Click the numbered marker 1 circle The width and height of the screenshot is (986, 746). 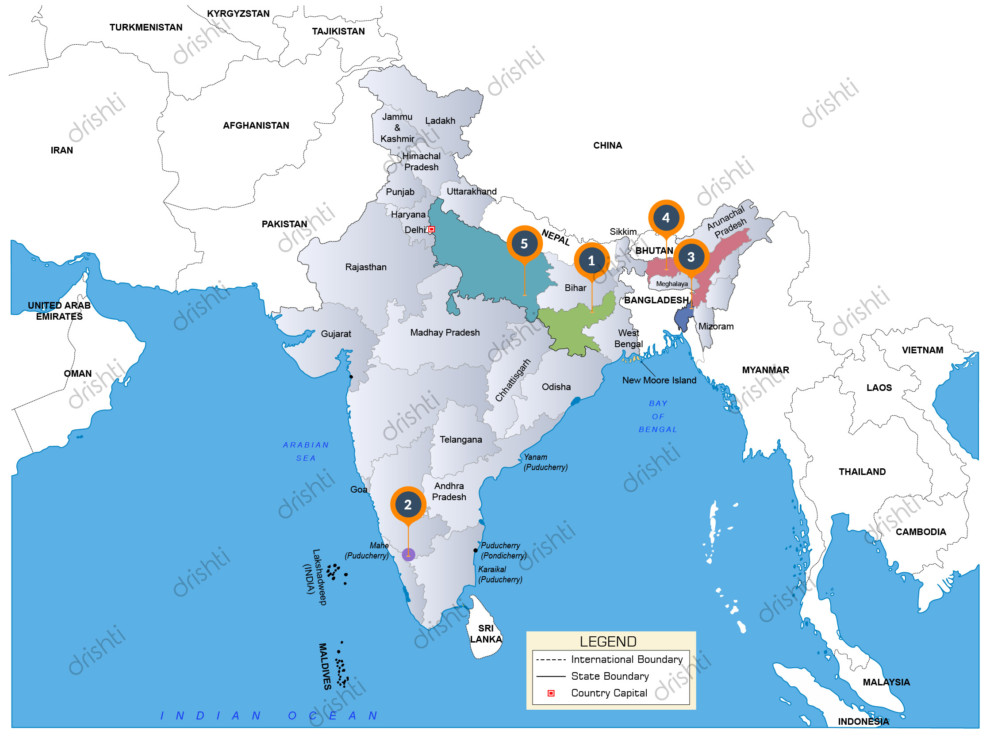coord(591,261)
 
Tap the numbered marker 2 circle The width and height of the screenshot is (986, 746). coord(408,505)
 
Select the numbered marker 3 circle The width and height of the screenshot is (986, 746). coord(691,257)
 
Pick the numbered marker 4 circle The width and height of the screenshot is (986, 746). coord(666,218)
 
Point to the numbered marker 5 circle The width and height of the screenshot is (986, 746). coord(524,244)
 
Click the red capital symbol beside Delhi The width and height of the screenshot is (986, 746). coord(431,230)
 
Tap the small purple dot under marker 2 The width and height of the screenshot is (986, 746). coord(408,555)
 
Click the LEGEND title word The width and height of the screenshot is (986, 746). coord(608,642)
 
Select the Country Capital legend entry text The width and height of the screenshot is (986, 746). coord(609,693)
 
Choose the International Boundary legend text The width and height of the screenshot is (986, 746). coord(627,659)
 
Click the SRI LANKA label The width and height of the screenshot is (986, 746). coord(486,634)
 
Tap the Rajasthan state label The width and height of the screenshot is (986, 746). coord(365,267)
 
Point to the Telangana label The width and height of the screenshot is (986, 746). coord(460,440)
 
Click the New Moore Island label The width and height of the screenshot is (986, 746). coord(659,380)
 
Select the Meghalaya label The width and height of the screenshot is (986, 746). coord(671,284)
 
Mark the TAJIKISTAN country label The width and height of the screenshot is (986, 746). coord(338,31)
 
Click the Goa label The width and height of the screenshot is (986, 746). coord(358,490)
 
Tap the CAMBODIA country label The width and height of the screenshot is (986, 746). coord(921,532)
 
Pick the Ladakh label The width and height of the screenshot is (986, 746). coord(440,121)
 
